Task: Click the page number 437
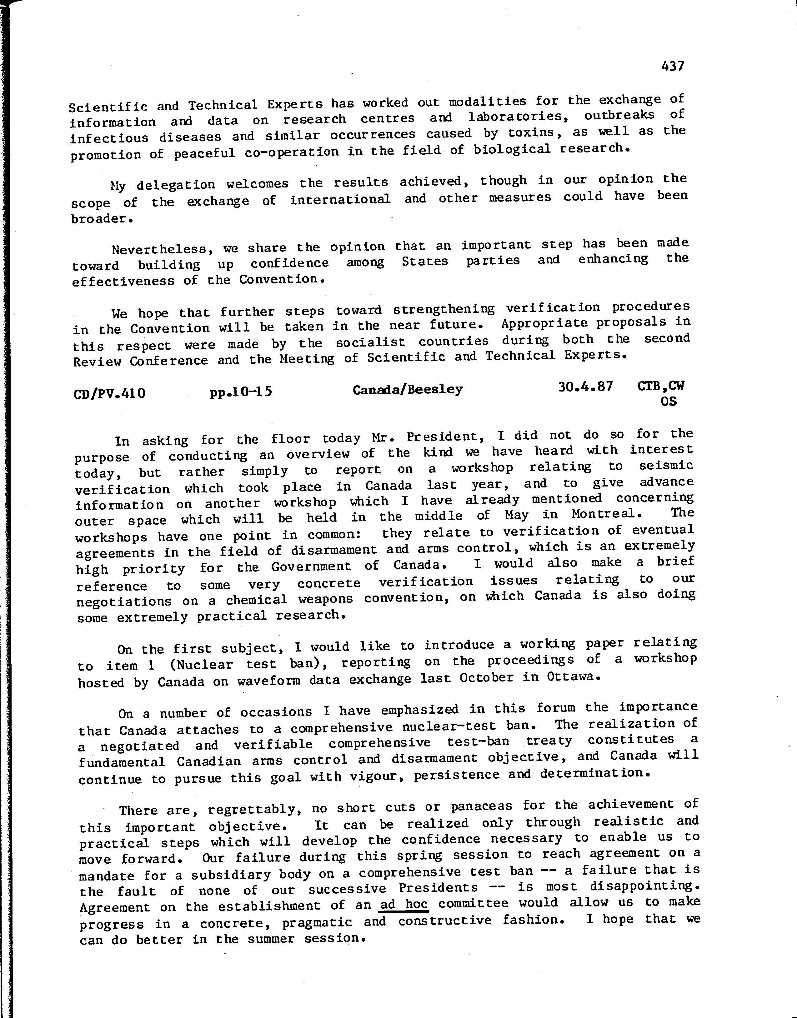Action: tap(672, 66)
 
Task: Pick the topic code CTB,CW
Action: tap(661, 386)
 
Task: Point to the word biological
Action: tap(512, 149)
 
